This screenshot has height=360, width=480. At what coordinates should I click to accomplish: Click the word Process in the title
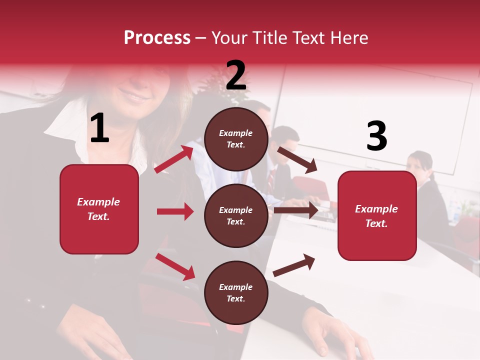pyautogui.click(x=157, y=38)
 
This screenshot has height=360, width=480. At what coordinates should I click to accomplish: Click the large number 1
pyautogui.click(x=99, y=128)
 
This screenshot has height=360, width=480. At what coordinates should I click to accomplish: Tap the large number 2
pyautogui.click(x=235, y=75)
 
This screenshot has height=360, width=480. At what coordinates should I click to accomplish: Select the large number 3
pyautogui.click(x=376, y=136)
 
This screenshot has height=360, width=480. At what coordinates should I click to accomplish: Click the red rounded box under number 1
pyautogui.click(x=99, y=209)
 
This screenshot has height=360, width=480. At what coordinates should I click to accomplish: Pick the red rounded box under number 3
pyautogui.click(x=377, y=216)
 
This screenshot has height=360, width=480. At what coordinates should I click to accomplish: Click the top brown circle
pyautogui.click(x=236, y=139)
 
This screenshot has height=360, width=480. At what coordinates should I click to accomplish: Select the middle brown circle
pyautogui.click(x=236, y=215)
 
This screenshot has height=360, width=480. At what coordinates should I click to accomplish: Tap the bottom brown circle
pyautogui.click(x=236, y=292)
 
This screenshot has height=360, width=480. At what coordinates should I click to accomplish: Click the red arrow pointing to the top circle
pyautogui.click(x=174, y=159)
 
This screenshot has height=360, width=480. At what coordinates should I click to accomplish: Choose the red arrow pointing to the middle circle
pyautogui.click(x=175, y=211)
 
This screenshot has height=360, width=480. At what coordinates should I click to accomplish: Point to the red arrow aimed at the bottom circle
pyautogui.click(x=175, y=266)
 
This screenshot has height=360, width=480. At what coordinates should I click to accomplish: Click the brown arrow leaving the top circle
pyautogui.click(x=297, y=159)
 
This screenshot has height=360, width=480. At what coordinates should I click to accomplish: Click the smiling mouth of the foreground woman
pyautogui.click(x=134, y=94)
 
